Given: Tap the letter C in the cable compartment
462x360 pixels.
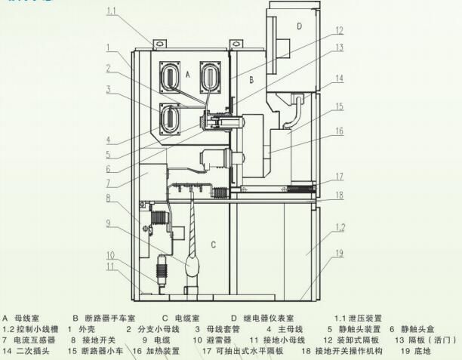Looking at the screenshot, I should (213, 244).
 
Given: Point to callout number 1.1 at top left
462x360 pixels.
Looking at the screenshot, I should (111, 12).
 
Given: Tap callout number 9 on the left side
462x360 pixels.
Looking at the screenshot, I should (109, 223).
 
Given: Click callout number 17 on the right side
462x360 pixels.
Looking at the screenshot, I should (340, 176).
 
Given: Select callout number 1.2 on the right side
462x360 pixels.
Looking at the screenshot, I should (340, 226).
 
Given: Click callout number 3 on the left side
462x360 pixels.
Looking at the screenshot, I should (109, 89).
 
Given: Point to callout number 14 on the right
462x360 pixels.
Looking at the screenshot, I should (340, 78).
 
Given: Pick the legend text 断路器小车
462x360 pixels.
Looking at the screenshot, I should (103, 351).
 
